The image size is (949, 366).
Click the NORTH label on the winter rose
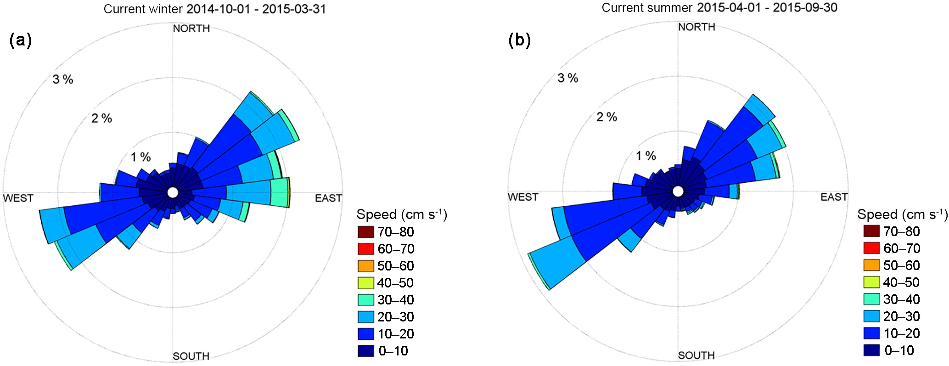click(191, 28)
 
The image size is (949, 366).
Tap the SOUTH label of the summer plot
click(696, 355)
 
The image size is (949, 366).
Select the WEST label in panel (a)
click(18, 198)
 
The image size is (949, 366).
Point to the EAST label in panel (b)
click(834, 197)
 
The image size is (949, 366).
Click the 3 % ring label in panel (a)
click(63, 79)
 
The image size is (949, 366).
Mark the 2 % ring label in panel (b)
click(606, 117)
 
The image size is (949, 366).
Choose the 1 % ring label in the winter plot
click(140, 157)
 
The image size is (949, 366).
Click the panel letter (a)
click(21, 40)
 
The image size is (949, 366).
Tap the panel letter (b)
click(519, 40)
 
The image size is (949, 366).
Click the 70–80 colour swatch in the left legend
click(366, 232)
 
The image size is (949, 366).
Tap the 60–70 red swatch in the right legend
click(871, 248)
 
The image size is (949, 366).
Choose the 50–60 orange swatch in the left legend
click(366, 266)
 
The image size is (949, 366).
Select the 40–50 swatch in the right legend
click(871, 282)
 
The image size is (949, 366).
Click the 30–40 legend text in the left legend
click(395, 300)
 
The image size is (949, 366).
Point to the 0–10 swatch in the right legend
click(871, 350)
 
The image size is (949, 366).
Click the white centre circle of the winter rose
click(173, 192)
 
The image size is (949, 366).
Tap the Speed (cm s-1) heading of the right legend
click(902, 214)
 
